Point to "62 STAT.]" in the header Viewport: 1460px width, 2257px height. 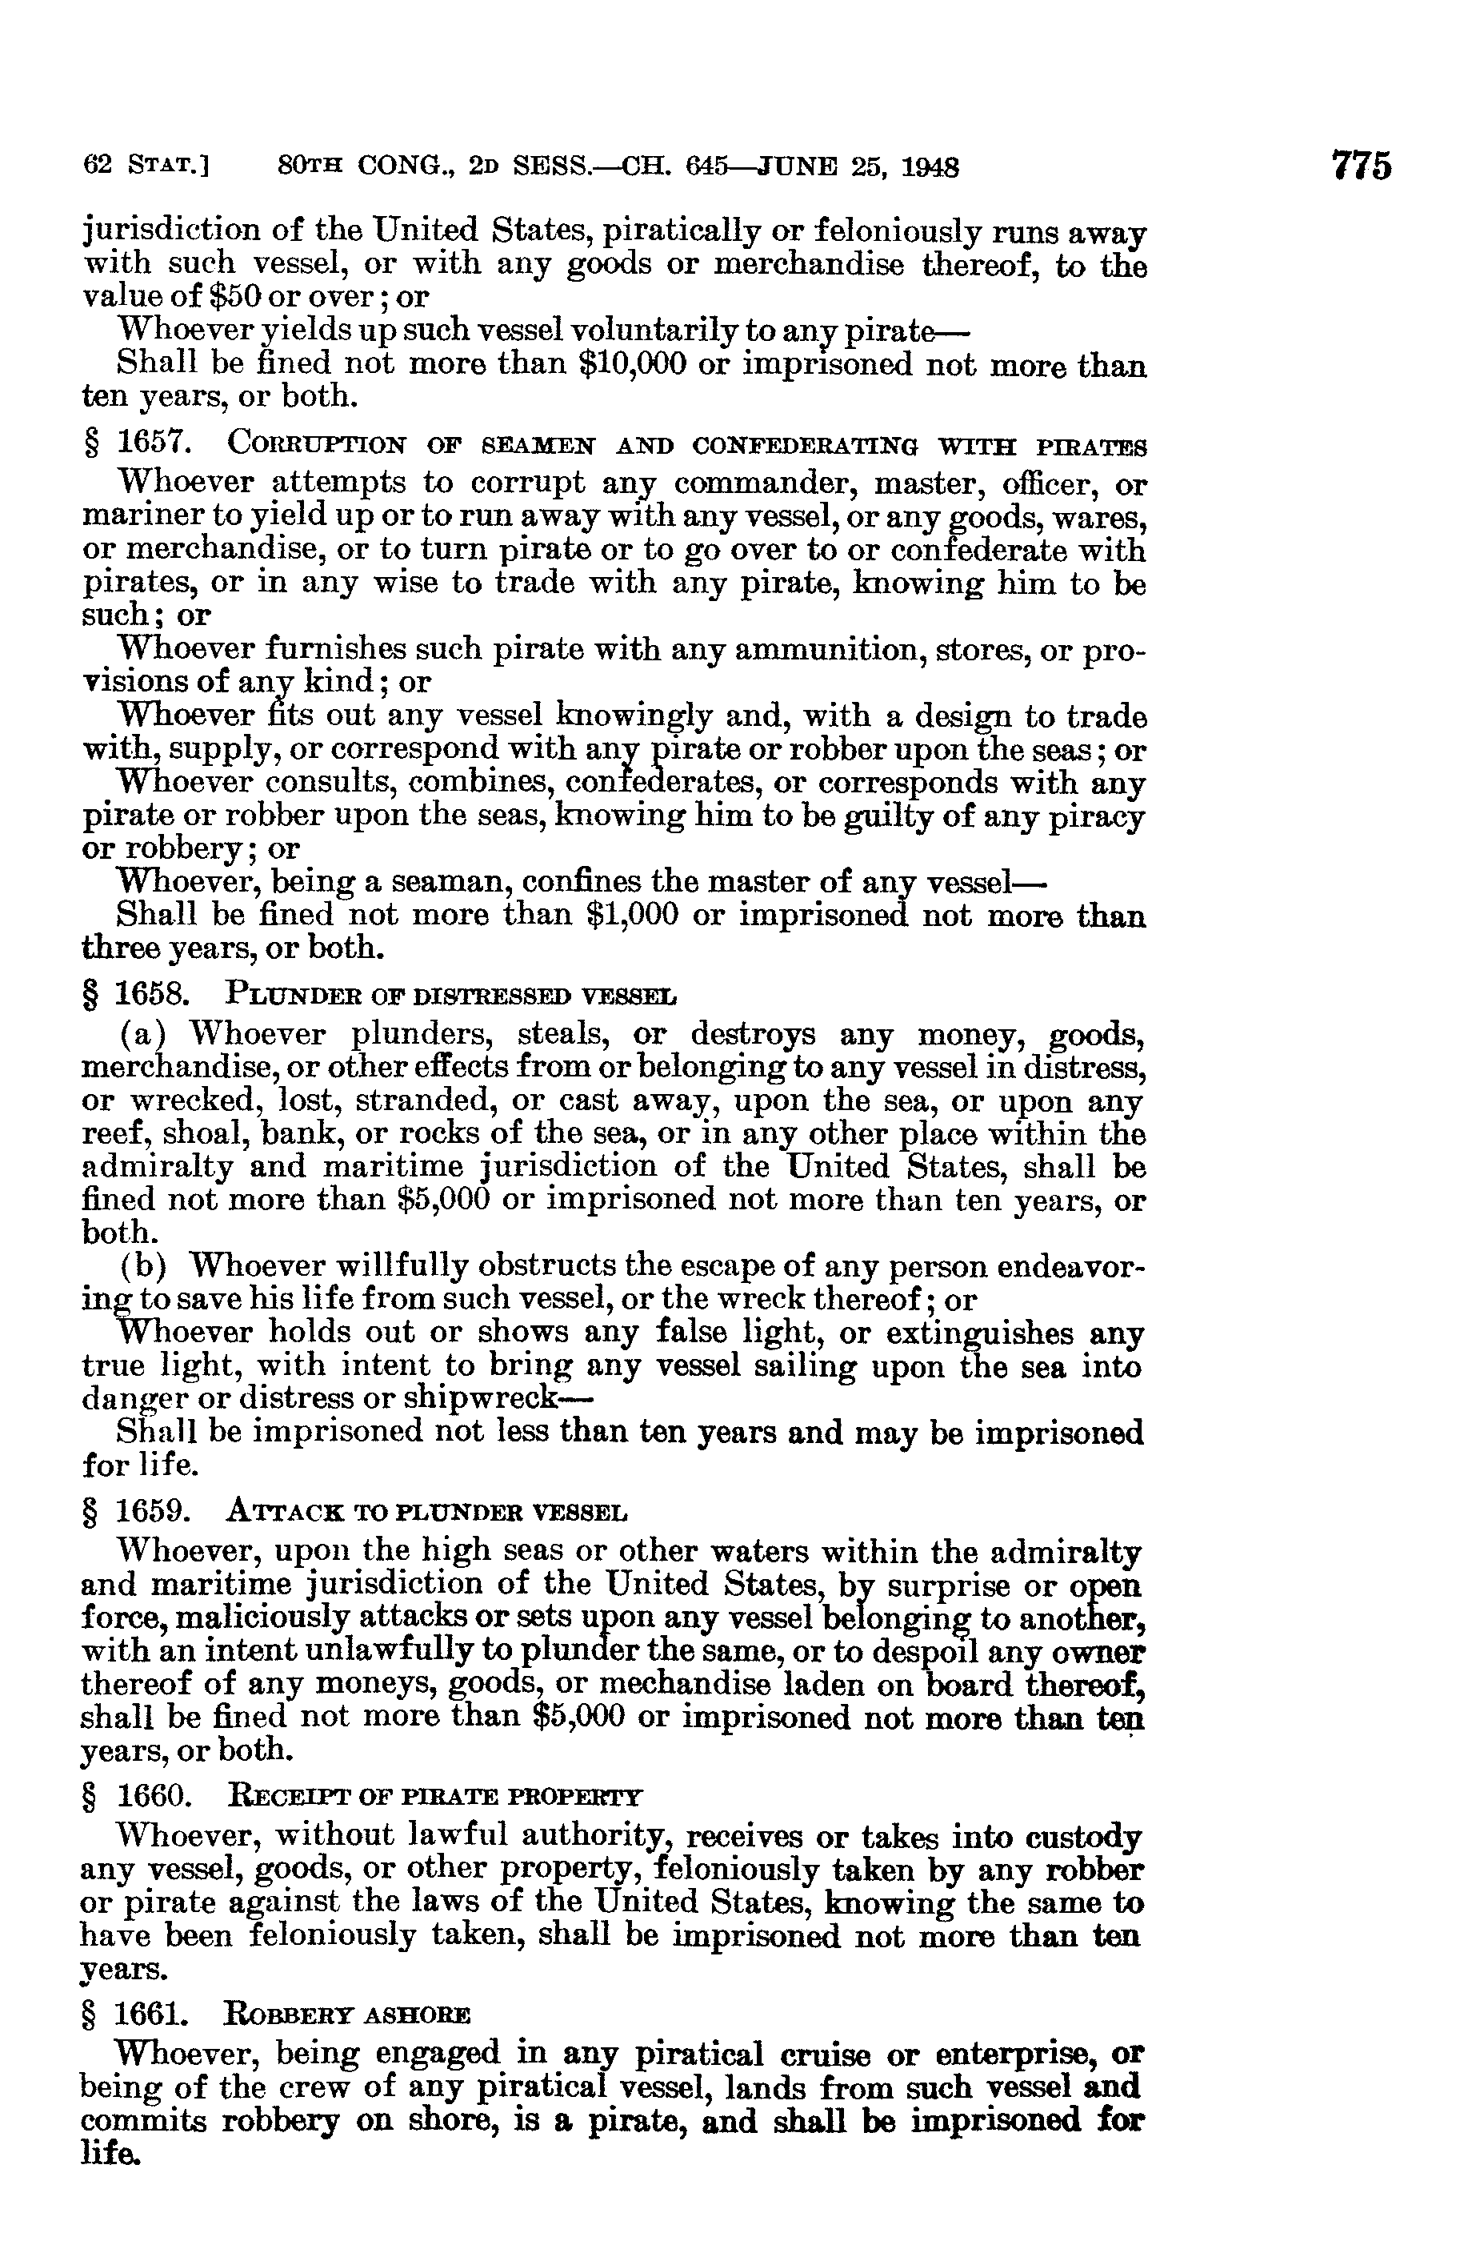pyautogui.click(x=147, y=168)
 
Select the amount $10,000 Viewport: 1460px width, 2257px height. pyautogui.click(x=631, y=365)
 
